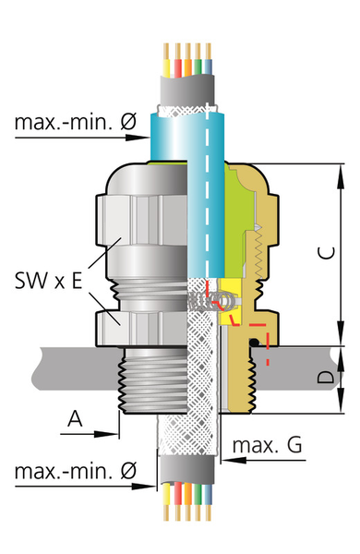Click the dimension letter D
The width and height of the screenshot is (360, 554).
click(325, 377)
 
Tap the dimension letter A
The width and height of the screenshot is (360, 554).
click(76, 418)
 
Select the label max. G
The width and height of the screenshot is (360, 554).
click(268, 445)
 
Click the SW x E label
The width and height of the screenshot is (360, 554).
click(48, 280)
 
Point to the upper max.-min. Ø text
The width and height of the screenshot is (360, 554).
click(76, 122)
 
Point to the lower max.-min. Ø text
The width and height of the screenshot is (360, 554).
click(76, 471)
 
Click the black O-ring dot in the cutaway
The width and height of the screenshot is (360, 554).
click(254, 342)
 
